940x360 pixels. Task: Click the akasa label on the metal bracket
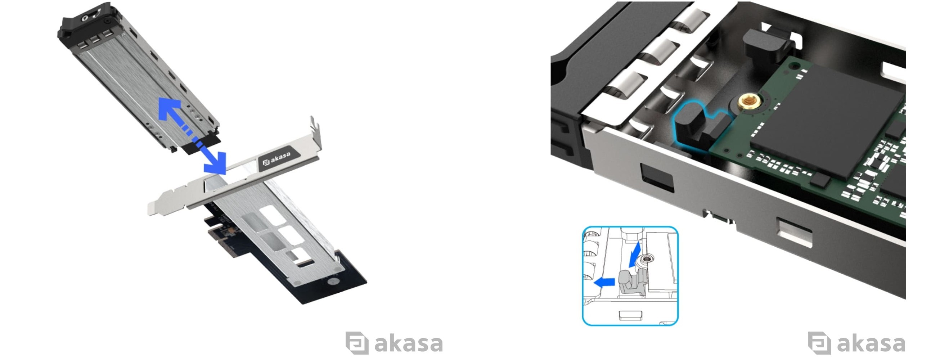tap(279, 158)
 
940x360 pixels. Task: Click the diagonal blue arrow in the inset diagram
tap(635, 254)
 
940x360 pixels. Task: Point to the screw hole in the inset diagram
tap(647, 259)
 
